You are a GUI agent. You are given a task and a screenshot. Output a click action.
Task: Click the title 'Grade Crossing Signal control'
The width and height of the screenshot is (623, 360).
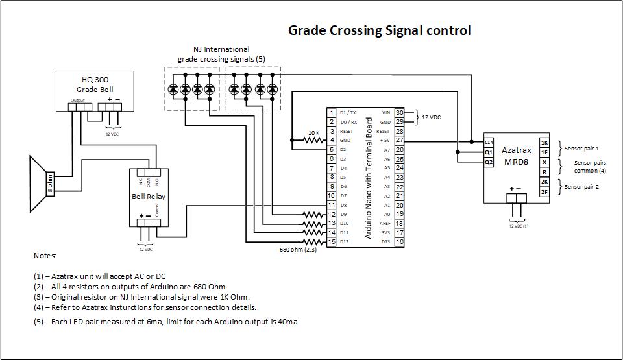click(x=379, y=30)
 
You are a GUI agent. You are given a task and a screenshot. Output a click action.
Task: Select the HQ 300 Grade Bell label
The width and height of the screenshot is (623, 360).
click(x=95, y=84)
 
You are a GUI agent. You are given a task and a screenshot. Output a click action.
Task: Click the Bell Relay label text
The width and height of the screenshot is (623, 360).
click(x=148, y=196)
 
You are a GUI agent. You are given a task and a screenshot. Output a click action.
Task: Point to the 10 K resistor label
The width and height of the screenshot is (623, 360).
click(x=313, y=133)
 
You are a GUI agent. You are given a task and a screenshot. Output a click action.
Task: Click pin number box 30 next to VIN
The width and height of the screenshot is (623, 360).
click(x=399, y=113)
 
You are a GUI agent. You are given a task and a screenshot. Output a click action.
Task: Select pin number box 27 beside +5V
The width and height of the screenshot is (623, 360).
click(x=399, y=140)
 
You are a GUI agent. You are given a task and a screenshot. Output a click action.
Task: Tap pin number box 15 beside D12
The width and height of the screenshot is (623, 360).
click(x=331, y=242)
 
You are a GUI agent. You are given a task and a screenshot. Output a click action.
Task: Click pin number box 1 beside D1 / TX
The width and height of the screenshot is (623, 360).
click(x=331, y=113)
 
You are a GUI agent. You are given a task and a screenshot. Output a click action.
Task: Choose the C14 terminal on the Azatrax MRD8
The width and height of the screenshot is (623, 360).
click(x=489, y=142)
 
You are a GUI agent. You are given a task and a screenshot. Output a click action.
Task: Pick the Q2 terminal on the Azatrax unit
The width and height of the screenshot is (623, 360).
click(x=489, y=162)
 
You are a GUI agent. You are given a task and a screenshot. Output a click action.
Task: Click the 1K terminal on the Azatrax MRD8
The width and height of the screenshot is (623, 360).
click(x=544, y=142)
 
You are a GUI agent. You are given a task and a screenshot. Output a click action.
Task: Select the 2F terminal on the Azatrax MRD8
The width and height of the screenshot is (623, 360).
click(x=544, y=191)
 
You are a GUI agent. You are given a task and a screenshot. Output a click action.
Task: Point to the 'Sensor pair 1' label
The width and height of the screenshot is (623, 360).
click(x=581, y=148)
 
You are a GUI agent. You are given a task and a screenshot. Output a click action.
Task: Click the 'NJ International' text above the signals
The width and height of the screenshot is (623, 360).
click(x=221, y=49)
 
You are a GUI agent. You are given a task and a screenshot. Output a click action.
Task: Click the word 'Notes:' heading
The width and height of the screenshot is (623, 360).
click(x=45, y=256)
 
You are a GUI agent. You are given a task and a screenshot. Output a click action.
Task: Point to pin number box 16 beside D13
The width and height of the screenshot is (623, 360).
click(x=399, y=242)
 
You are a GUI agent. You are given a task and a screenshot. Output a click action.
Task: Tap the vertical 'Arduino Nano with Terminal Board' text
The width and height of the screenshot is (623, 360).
click(x=369, y=178)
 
